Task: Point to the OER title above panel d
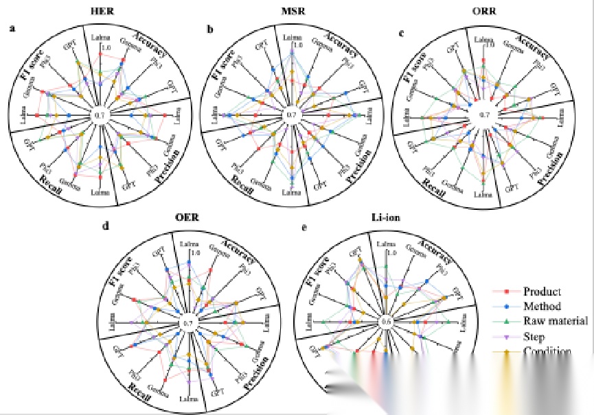point(187,219)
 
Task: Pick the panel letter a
point(12,29)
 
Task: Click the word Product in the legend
point(542,292)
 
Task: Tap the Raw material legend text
point(556,321)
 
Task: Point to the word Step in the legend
point(534,337)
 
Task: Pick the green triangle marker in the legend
point(505,322)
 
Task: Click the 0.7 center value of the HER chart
point(100,115)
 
